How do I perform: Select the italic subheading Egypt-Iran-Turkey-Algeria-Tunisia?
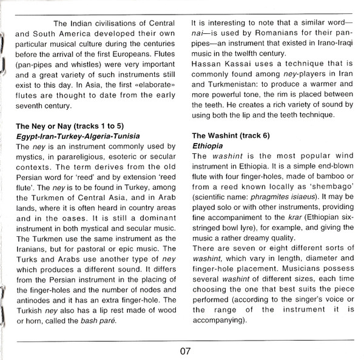click(x=78, y=136)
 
